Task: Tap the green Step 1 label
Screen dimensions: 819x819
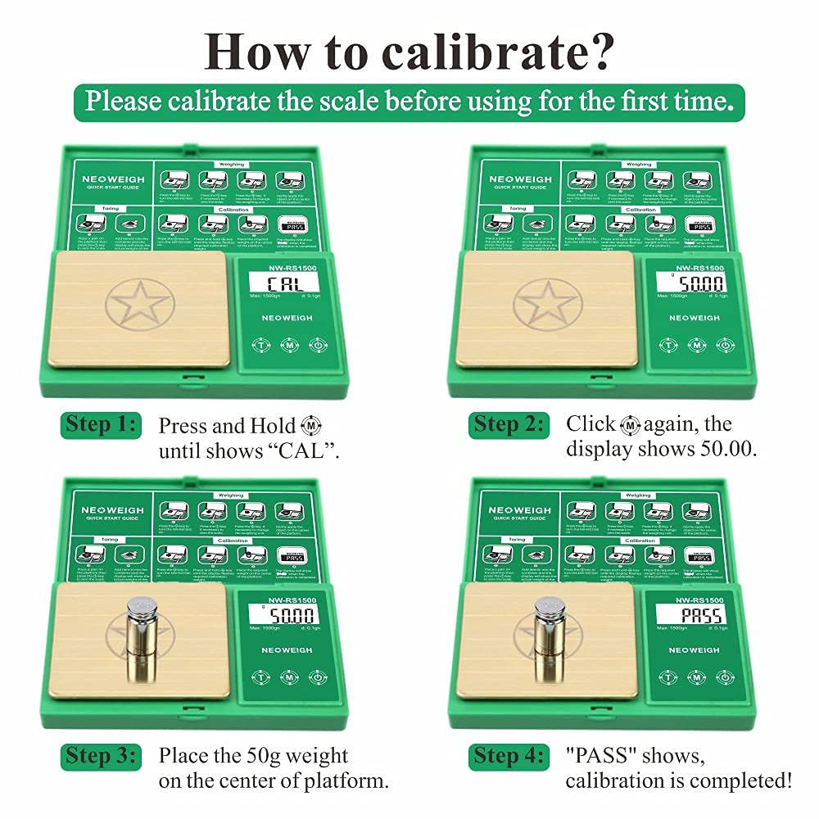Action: point(97,426)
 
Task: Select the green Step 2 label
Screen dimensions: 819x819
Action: point(506,425)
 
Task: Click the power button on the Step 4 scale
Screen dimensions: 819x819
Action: point(723,676)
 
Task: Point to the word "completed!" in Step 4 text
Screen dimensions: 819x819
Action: point(744,781)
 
